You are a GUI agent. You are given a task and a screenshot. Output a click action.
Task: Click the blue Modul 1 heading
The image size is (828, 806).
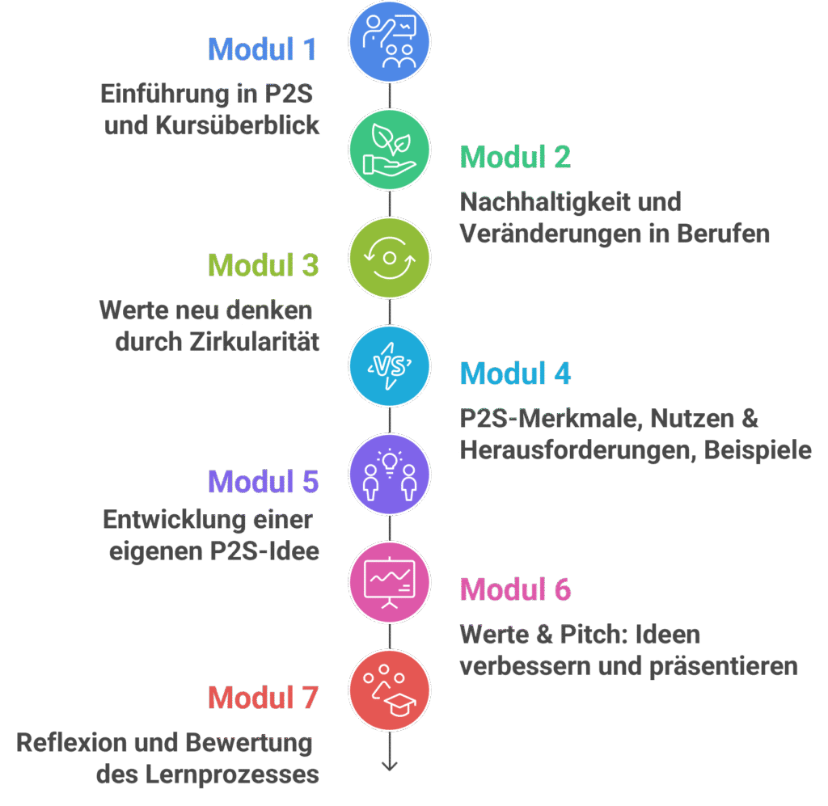point(263,49)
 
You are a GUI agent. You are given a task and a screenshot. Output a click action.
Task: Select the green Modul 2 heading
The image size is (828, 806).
point(515,157)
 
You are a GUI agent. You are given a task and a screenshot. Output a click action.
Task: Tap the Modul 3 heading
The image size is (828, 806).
point(263,265)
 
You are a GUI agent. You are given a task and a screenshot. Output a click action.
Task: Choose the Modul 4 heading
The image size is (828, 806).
point(515,373)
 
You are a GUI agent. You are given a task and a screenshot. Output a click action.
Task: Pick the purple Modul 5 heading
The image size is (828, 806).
point(263,482)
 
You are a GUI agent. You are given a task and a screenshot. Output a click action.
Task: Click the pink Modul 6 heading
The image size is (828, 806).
point(515,589)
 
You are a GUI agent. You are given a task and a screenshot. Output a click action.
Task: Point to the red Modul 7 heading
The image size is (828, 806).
point(263,697)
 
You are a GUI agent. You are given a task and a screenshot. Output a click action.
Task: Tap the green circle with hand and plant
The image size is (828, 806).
point(389,150)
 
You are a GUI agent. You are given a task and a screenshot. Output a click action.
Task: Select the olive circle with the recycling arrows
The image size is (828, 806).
point(389,258)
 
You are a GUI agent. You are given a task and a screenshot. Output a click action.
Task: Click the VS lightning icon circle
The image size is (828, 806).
point(389,365)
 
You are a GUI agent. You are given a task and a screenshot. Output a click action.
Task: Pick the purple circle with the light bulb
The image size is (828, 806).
point(389,474)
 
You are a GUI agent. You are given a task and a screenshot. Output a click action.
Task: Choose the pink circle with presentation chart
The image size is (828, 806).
point(389,581)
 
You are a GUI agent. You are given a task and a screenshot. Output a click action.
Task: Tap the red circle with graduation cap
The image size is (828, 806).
point(389,690)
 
